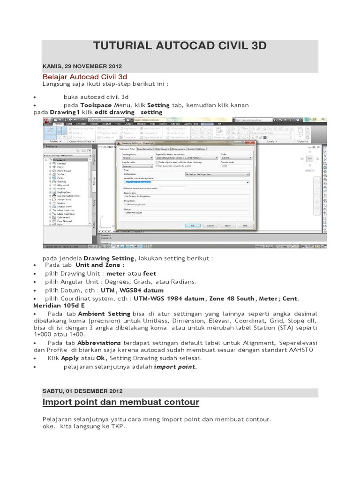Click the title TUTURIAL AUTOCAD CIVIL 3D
point(180,45)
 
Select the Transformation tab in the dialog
point(145,149)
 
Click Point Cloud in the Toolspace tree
point(64,171)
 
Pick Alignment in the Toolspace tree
point(63,185)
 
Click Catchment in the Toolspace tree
point(64,217)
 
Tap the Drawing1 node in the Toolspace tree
point(59,160)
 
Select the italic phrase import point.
point(176,367)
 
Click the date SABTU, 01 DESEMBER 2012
point(82,390)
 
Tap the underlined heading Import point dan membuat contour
point(121,402)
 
